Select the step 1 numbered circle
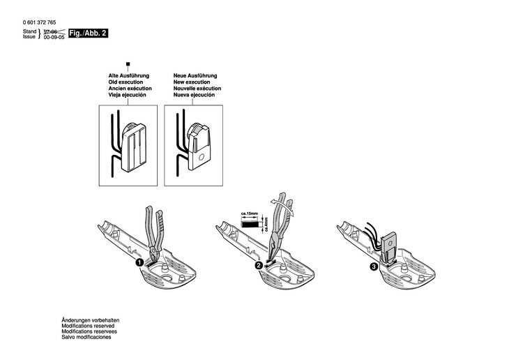click(140, 263)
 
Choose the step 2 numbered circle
click(258, 266)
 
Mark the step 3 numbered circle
click(374, 266)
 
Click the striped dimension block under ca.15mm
click(250, 223)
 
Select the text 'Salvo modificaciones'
click(86, 337)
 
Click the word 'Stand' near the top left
click(29, 31)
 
